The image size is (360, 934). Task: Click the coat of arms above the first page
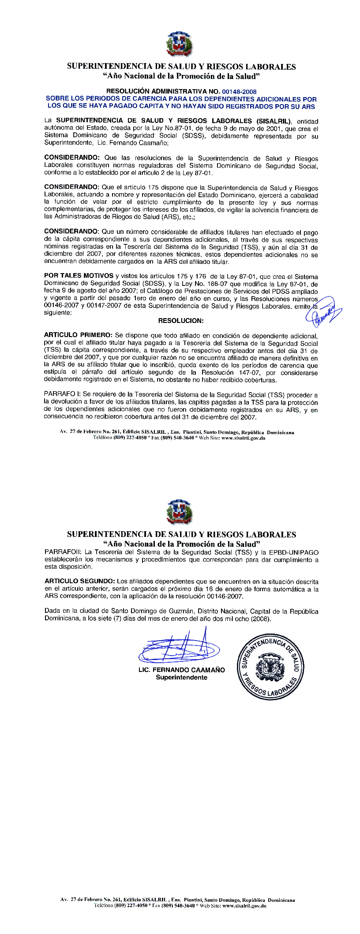(x=180, y=45)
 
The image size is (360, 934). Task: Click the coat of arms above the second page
(x=180, y=513)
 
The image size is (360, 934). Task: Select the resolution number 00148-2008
(x=240, y=92)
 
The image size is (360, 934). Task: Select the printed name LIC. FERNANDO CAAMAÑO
(x=181, y=670)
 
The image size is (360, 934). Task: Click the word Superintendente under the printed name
(x=181, y=677)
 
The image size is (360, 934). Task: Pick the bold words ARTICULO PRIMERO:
(x=78, y=336)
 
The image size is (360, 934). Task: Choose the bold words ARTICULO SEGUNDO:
(x=80, y=581)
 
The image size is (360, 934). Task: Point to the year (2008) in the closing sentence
(x=260, y=619)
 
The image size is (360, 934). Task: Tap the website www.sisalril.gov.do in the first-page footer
(x=243, y=439)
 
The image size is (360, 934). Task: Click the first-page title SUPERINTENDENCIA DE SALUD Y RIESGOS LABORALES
(x=181, y=67)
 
